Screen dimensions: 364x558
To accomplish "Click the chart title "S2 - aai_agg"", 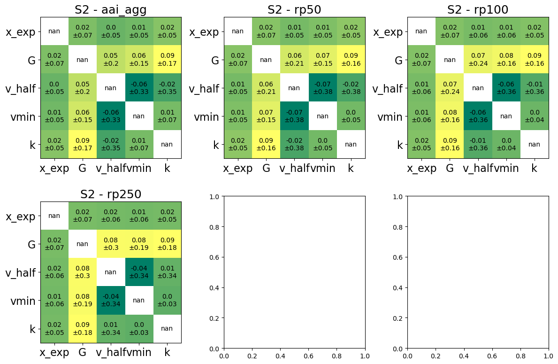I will (x=111, y=10).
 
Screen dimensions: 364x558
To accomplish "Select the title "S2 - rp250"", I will (x=111, y=194).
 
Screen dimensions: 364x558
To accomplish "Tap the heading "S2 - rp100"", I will (x=478, y=10).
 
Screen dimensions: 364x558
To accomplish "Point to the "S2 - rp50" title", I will (x=294, y=10).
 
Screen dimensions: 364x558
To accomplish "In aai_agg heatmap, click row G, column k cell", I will (x=167, y=60).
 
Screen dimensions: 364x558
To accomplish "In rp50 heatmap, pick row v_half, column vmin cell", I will (x=322, y=88).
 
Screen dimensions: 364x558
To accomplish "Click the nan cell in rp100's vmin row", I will (x=506, y=116).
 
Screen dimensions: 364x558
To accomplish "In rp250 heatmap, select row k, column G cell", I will (x=83, y=329).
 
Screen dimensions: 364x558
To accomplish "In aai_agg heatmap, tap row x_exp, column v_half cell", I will (x=111, y=31).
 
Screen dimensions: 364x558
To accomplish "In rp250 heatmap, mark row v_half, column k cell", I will (x=167, y=272).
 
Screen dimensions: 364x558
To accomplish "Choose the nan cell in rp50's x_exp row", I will (x=238, y=31).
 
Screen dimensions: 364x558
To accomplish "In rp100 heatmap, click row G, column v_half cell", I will (x=478, y=60).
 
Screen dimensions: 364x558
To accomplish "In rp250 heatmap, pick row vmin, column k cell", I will (x=167, y=301).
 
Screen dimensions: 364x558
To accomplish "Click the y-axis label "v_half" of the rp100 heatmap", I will (x=388, y=88).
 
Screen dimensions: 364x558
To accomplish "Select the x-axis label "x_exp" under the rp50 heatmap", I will (x=238, y=168).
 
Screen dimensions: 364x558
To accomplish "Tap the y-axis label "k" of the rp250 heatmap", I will (x=32, y=329).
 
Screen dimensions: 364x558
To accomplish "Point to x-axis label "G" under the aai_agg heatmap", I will (x=83, y=168).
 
